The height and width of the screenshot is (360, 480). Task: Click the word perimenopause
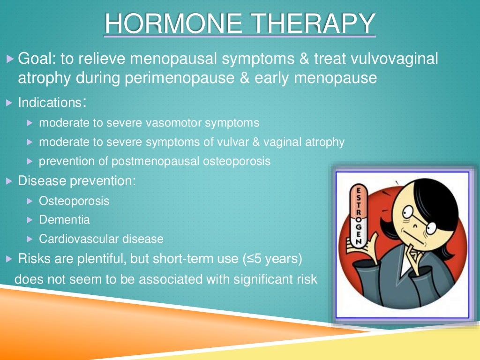click(x=183, y=78)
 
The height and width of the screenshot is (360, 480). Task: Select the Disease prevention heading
click(x=77, y=181)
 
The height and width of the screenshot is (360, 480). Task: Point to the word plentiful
click(x=93, y=258)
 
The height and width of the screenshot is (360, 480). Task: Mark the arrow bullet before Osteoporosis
click(x=30, y=201)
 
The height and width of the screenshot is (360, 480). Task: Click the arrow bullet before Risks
click(x=10, y=258)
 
